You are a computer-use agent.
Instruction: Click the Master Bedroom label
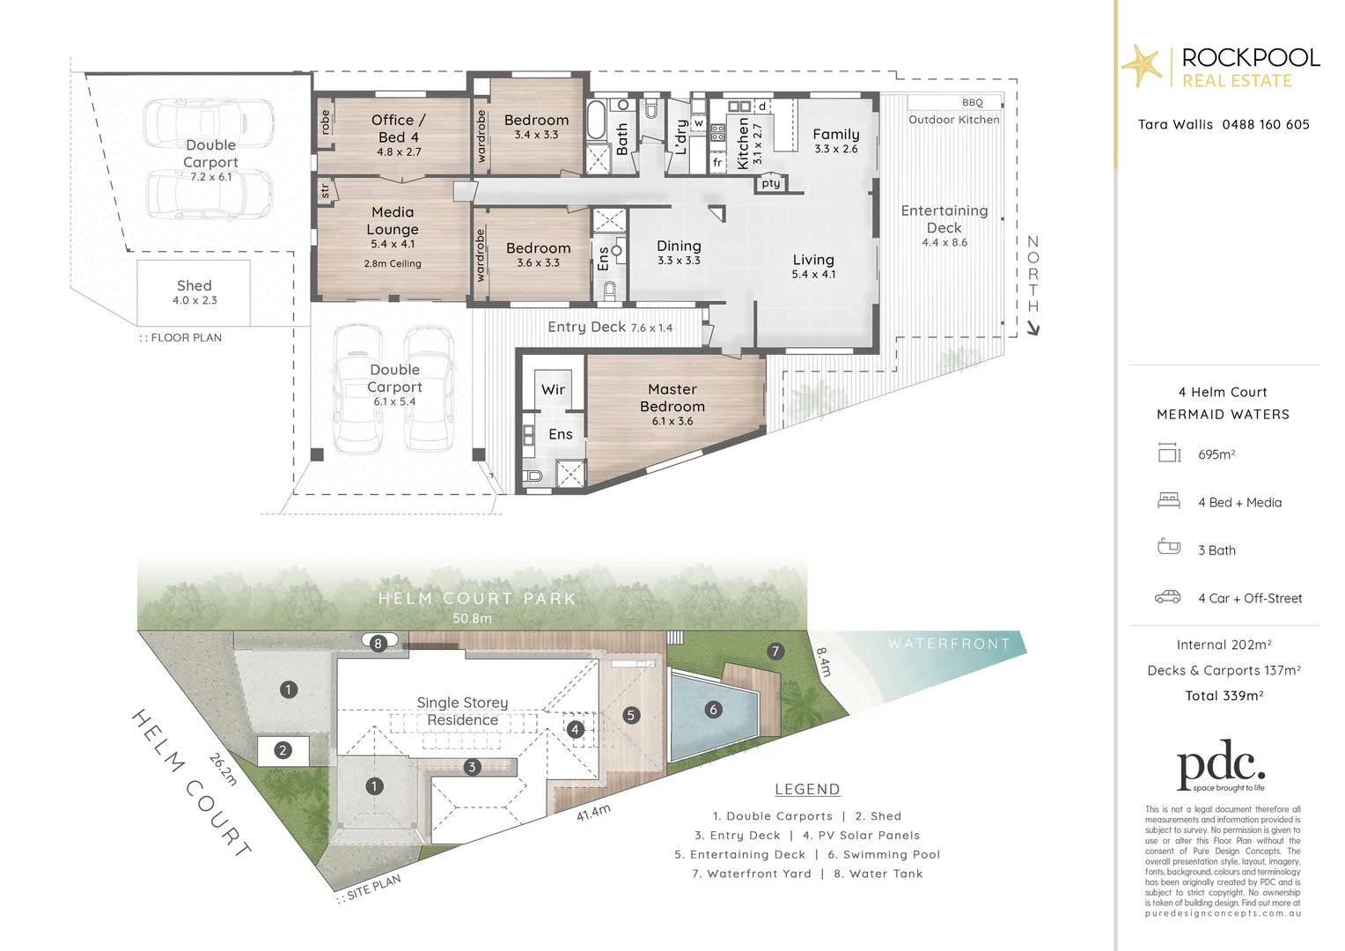pos(672,398)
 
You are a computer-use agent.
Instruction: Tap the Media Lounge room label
pos(393,221)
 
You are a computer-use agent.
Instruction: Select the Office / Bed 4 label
pos(398,129)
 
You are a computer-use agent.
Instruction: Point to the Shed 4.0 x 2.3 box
pos(194,291)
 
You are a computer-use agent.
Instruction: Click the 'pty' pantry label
pos(771,183)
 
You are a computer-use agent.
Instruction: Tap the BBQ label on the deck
pos(972,103)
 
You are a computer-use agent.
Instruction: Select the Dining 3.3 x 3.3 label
pos(679,252)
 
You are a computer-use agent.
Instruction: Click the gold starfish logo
pos(1142,65)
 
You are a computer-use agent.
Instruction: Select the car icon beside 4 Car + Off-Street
pos(1168,597)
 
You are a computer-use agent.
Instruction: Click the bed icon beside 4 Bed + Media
pos(1168,501)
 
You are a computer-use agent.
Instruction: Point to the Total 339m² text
pos(1224,696)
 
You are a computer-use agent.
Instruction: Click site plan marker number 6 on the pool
pos(713,710)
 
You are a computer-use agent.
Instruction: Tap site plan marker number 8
pos(378,644)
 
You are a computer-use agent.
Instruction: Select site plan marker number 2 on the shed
pos(283,750)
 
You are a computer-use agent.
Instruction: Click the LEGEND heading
pos(807,790)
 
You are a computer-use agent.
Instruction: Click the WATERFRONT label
pos(948,644)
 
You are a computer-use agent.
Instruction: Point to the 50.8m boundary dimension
pos(472,618)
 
